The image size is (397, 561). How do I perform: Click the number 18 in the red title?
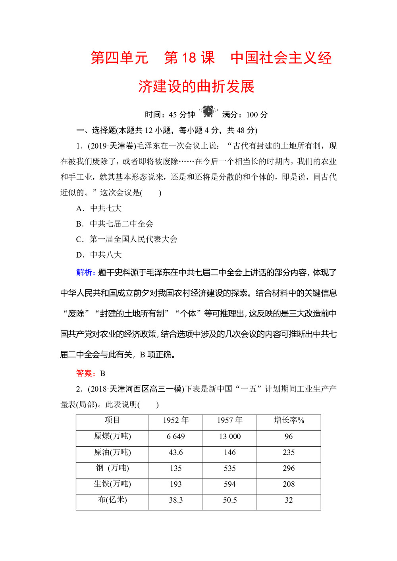tap(189, 58)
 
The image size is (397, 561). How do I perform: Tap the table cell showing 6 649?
tap(175, 436)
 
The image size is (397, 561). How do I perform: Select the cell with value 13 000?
tap(229, 436)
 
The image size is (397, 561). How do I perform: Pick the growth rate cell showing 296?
tap(289, 468)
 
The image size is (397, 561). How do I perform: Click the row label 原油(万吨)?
tap(112, 452)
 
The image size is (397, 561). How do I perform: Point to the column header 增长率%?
tap(289, 421)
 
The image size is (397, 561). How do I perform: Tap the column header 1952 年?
tap(175, 421)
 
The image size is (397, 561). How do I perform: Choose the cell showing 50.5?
tap(229, 500)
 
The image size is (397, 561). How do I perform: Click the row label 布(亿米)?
tap(112, 500)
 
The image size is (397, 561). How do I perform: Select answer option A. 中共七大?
tap(99, 208)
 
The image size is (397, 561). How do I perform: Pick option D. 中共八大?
tap(99, 255)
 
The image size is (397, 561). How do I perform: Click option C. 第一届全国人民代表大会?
tap(127, 239)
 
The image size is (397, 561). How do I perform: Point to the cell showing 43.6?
tap(175, 452)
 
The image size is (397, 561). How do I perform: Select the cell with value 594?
tap(229, 484)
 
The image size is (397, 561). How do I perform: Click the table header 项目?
tap(112, 421)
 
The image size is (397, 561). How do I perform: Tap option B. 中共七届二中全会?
tap(115, 224)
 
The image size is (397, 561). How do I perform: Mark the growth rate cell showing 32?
tap(289, 500)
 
